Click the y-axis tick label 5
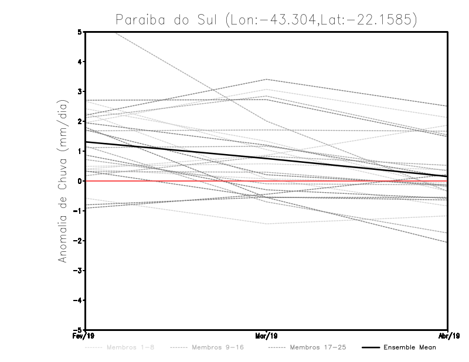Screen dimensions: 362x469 (80, 32)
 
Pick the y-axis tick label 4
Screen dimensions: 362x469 (80, 62)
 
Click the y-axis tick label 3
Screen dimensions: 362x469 (80, 91)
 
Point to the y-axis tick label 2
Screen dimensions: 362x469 (80, 121)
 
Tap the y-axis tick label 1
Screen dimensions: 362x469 (80, 151)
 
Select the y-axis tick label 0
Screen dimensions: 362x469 (80, 181)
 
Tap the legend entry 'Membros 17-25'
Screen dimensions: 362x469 (318, 347)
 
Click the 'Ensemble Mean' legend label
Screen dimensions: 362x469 (409, 347)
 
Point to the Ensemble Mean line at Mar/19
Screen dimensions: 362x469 (267, 158)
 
